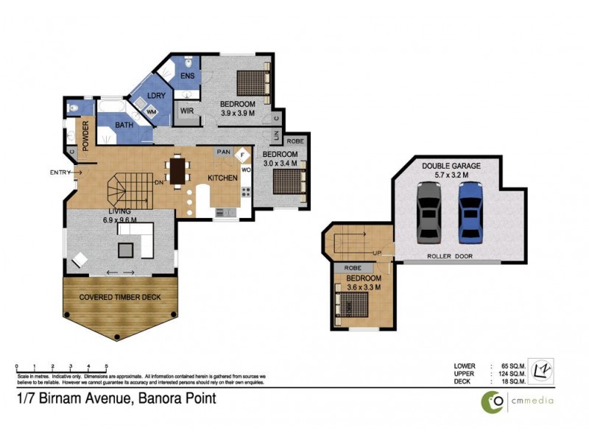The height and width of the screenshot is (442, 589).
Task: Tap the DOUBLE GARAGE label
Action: (451, 166)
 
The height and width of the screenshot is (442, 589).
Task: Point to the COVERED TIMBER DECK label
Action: (121, 296)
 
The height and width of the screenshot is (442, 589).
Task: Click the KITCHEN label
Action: (222, 178)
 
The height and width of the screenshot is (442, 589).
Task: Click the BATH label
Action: (124, 125)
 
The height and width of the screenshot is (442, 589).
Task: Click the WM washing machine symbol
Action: (152, 111)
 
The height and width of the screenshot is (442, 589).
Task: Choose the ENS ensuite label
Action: (188, 77)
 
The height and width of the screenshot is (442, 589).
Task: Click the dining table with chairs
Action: (178, 171)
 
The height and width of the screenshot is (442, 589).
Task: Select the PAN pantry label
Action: (222, 152)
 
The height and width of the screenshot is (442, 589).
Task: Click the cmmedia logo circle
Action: (493, 401)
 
